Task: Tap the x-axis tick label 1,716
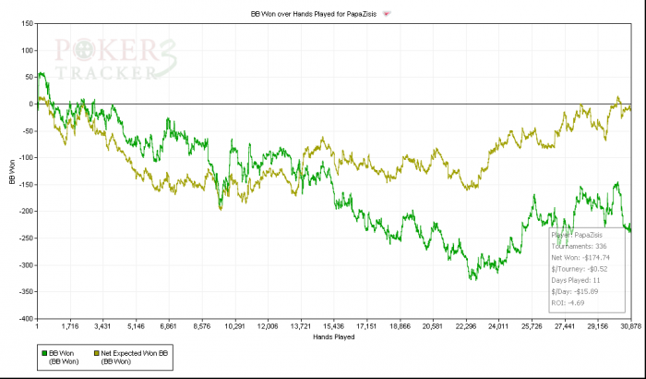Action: point(70,327)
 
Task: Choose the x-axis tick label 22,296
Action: point(465,327)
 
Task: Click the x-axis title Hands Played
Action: point(333,336)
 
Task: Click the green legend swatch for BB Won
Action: point(43,352)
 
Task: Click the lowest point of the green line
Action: point(473,279)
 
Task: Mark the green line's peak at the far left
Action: point(42,73)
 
